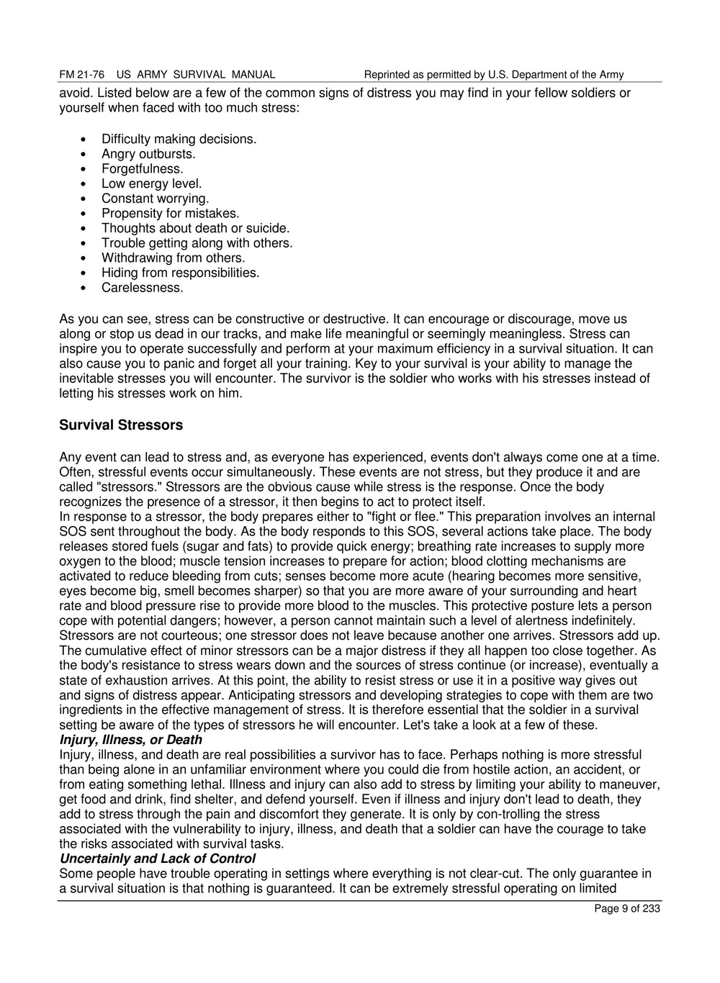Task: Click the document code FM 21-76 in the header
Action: click(81, 75)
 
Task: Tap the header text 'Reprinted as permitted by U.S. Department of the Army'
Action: click(494, 75)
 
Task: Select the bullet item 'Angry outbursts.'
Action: click(148, 154)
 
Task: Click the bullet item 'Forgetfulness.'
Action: click(142, 169)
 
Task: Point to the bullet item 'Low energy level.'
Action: click(151, 184)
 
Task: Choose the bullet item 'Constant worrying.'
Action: click(155, 199)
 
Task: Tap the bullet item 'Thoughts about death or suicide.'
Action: click(195, 228)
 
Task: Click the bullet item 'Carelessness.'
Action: click(142, 288)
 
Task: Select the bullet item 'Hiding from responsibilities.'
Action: click(180, 273)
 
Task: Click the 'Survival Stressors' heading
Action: click(121, 425)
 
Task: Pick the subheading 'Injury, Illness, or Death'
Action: click(130, 740)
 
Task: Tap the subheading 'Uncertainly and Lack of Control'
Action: click(157, 859)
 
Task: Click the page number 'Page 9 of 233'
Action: click(626, 909)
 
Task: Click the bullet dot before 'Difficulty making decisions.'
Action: click(85, 140)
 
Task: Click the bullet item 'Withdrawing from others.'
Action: click(173, 258)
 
